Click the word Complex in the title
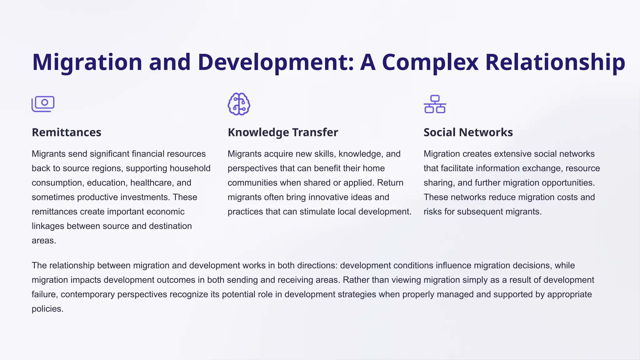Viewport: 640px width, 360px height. (430, 62)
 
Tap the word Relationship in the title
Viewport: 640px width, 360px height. (555, 62)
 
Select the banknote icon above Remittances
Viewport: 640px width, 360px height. (43, 104)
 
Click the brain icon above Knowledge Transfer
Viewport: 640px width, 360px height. (239, 104)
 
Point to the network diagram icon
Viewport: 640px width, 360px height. (435, 104)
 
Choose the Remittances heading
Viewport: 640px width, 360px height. (67, 132)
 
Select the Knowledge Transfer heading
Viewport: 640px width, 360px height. (283, 132)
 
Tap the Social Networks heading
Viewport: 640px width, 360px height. (468, 132)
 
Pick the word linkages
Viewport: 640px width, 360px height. (48, 226)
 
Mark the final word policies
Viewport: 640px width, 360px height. (47, 309)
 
